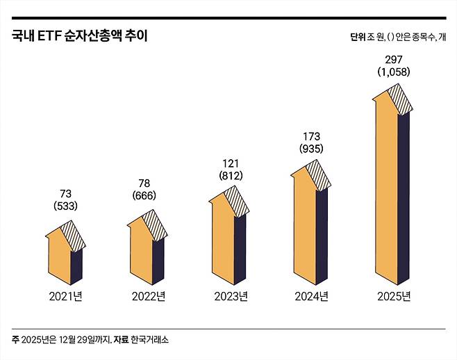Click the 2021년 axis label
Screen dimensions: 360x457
coord(65,297)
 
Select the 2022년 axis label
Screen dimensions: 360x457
coord(147,297)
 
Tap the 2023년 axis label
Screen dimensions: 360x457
coord(228,297)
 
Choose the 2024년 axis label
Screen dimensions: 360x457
coord(310,297)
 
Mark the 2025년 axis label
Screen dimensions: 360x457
coord(392,297)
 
